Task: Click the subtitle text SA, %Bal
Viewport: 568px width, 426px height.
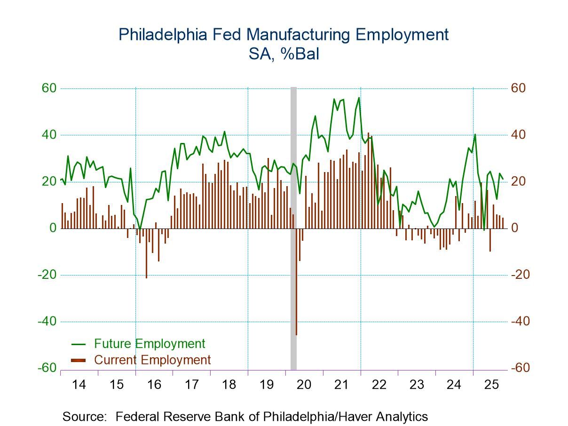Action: (x=284, y=55)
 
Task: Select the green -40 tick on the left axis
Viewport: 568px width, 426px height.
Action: (x=47, y=322)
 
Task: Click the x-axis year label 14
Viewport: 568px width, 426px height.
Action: (x=79, y=385)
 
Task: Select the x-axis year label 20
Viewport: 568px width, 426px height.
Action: (x=304, y=385)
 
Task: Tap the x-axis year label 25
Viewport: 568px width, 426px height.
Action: (x=491, y=385)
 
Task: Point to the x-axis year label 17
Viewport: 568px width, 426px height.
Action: (x=191, y=385)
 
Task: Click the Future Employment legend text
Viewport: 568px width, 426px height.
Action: (x=150, y=344)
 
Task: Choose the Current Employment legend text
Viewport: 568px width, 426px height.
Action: (x=152, y=360)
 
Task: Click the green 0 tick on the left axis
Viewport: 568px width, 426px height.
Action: (x=53, y=228)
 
